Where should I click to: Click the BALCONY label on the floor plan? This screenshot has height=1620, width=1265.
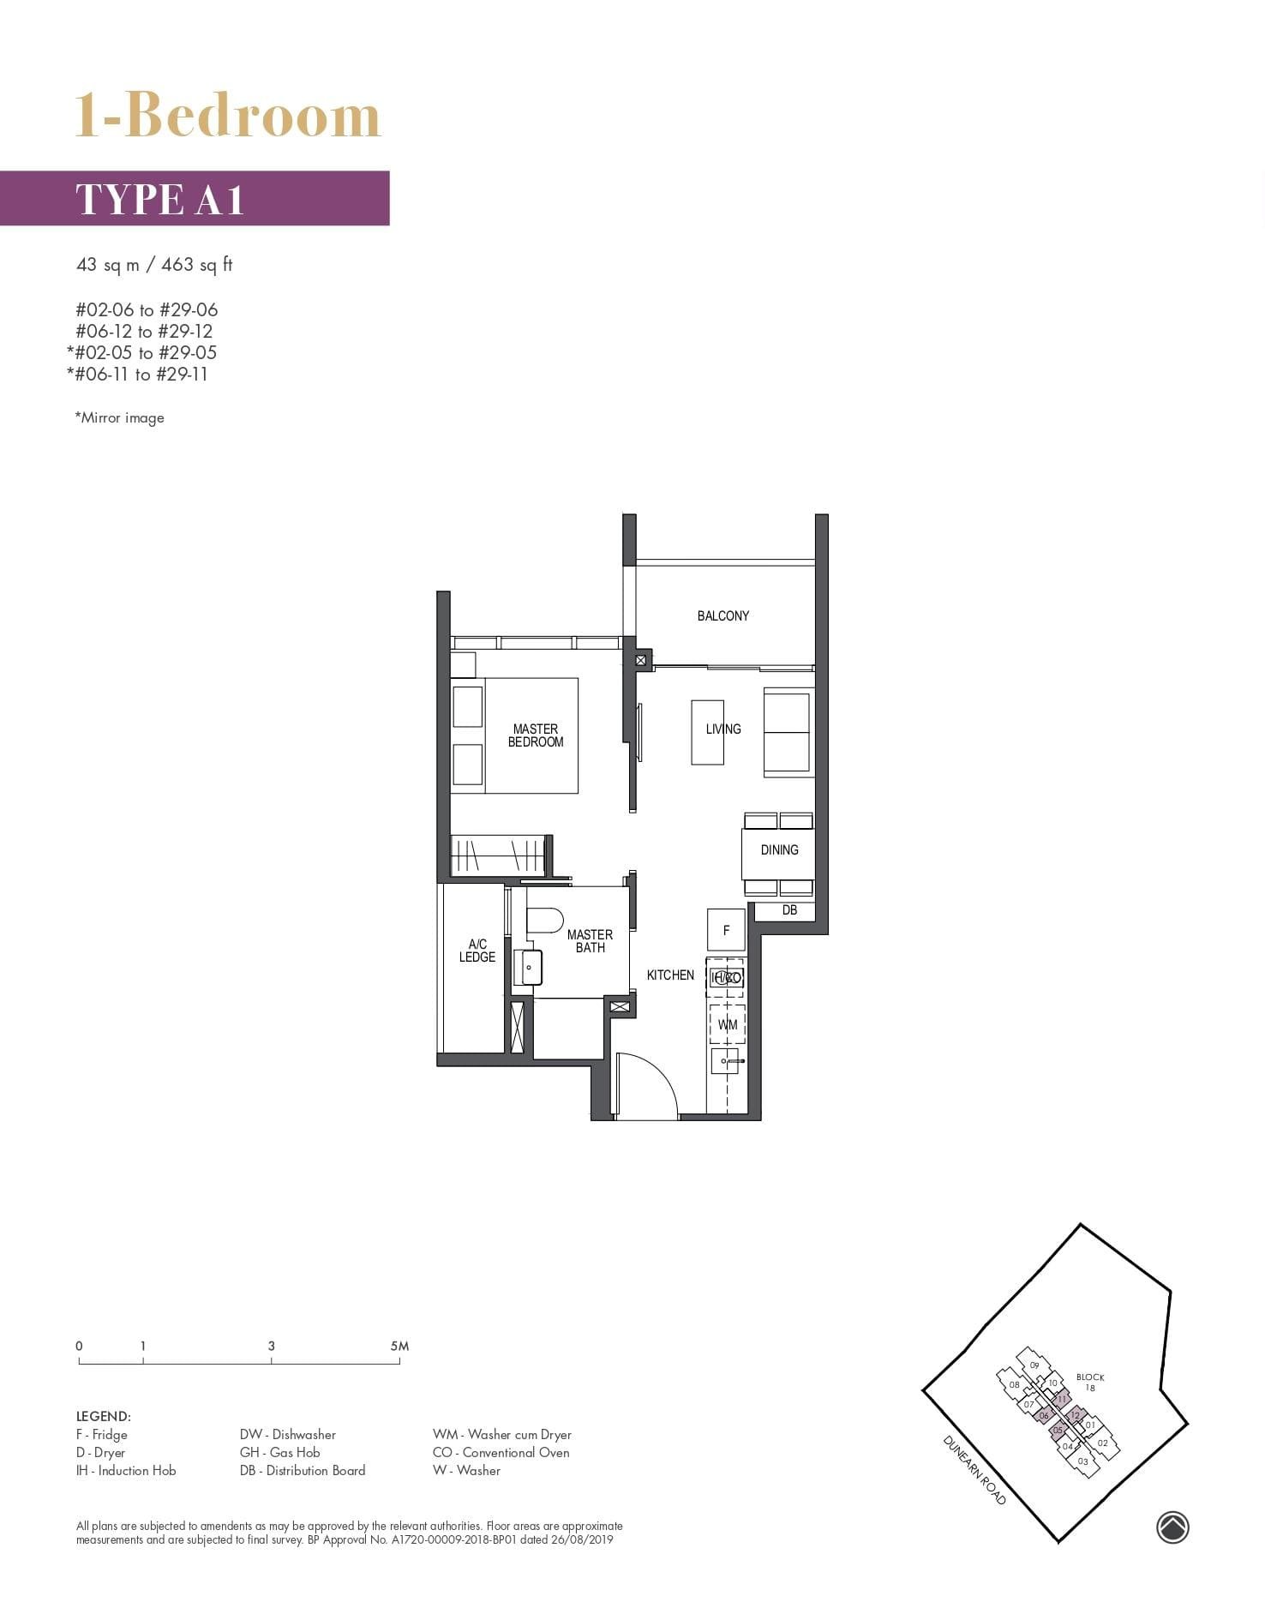click(722, 615)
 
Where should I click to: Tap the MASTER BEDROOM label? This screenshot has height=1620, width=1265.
click(535, 735)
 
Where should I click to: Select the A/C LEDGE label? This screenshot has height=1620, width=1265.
click(477, 951)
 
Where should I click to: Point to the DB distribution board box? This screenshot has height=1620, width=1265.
click(789, 910)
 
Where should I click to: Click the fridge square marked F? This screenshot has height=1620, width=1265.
click(726, 930)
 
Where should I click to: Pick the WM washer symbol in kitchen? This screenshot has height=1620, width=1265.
click(727, 1024)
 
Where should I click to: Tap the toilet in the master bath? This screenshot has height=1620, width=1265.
click(543, 921)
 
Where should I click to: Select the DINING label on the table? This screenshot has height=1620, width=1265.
click(779, 849)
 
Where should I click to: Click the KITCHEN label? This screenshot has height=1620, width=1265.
click(670, 975)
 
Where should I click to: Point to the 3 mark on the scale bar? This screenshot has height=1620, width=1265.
click(271, 1346)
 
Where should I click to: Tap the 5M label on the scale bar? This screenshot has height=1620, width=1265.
click(399, 1346)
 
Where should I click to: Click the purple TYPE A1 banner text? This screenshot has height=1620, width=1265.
click(160, 199)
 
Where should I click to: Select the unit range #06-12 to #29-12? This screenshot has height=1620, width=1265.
click(144, 331)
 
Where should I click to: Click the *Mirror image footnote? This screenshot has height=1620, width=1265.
click(119, 417)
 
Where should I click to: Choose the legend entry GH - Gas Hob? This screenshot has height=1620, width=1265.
click(279, 1452)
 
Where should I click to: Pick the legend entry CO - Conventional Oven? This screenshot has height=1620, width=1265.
click(501, 1452)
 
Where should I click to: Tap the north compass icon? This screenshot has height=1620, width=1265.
click(1172, 1527)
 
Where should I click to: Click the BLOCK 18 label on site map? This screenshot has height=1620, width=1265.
click(1090, 1382)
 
